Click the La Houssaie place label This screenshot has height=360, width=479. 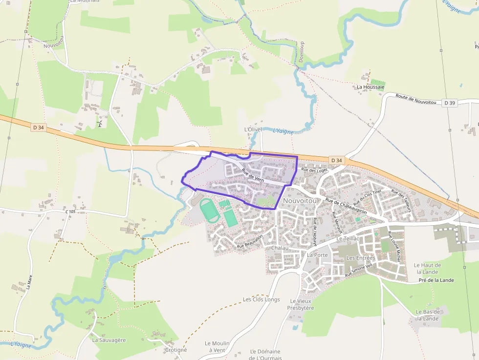[370, 87]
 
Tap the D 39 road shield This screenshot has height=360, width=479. [450, 103]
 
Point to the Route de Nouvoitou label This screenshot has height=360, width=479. [415, 99]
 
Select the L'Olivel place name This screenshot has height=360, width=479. [253, 129]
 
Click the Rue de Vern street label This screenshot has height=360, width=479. [252, 176]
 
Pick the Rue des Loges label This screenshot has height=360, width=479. [314, 170]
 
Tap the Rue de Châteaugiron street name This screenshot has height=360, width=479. [346, 205]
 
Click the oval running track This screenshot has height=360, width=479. [209, 210]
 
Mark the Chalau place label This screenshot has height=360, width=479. [277, 248]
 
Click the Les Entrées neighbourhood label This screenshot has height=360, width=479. [360, 257]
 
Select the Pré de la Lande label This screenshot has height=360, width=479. [436, 280]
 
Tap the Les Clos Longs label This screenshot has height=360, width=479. [261, 299]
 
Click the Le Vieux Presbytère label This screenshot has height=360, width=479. [300, 304]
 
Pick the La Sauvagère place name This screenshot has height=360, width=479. [109, 340]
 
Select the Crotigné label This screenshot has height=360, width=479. [175, 350]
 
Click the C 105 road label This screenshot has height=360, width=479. [70, 212]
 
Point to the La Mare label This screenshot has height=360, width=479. [30, 282]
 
